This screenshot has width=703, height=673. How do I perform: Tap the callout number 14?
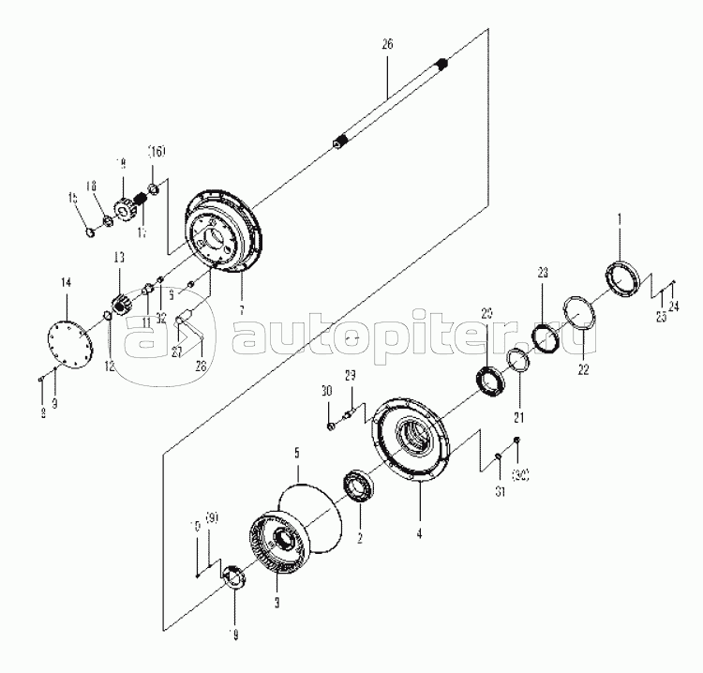point(66,281)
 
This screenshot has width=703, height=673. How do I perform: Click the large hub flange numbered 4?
point(413,441)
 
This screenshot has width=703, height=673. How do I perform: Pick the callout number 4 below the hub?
point(420,534)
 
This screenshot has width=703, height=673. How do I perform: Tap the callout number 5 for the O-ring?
point(297,452)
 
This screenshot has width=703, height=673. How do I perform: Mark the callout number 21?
point(518,416)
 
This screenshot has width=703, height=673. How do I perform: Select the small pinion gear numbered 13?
point(120,304)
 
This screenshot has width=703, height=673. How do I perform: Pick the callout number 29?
point(350,376)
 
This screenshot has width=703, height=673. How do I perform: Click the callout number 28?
point(200,365)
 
